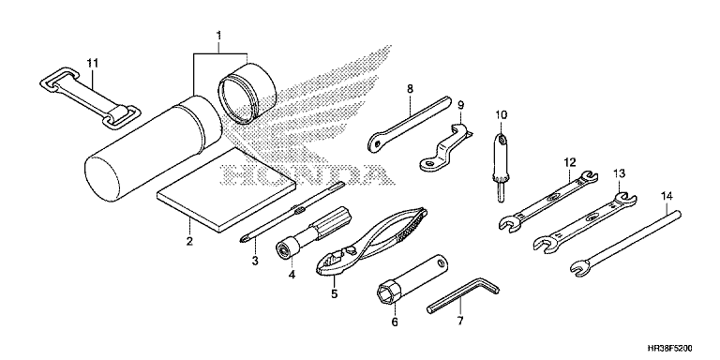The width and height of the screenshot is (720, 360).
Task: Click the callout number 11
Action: pos(93,64)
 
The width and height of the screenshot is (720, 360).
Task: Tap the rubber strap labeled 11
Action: pos(89,97)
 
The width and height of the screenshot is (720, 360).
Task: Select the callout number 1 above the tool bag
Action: pos(219,36)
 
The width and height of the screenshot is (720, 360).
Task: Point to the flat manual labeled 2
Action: pos(225,187)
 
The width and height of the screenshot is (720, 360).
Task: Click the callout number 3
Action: pos(255,262)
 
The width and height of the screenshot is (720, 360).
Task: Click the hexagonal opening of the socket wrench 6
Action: pos(384,292)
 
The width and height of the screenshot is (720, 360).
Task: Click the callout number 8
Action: pos(411,90)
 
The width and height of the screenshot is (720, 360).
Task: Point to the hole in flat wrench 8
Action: pos(377,144)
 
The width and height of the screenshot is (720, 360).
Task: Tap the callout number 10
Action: pos(501,113)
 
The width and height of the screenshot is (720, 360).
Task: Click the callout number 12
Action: pos(569,162)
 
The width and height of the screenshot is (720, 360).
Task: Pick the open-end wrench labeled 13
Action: pos(585,221)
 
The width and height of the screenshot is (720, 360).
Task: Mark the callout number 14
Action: pos(667,196)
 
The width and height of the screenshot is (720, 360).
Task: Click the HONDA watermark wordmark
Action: pos(303,175)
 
